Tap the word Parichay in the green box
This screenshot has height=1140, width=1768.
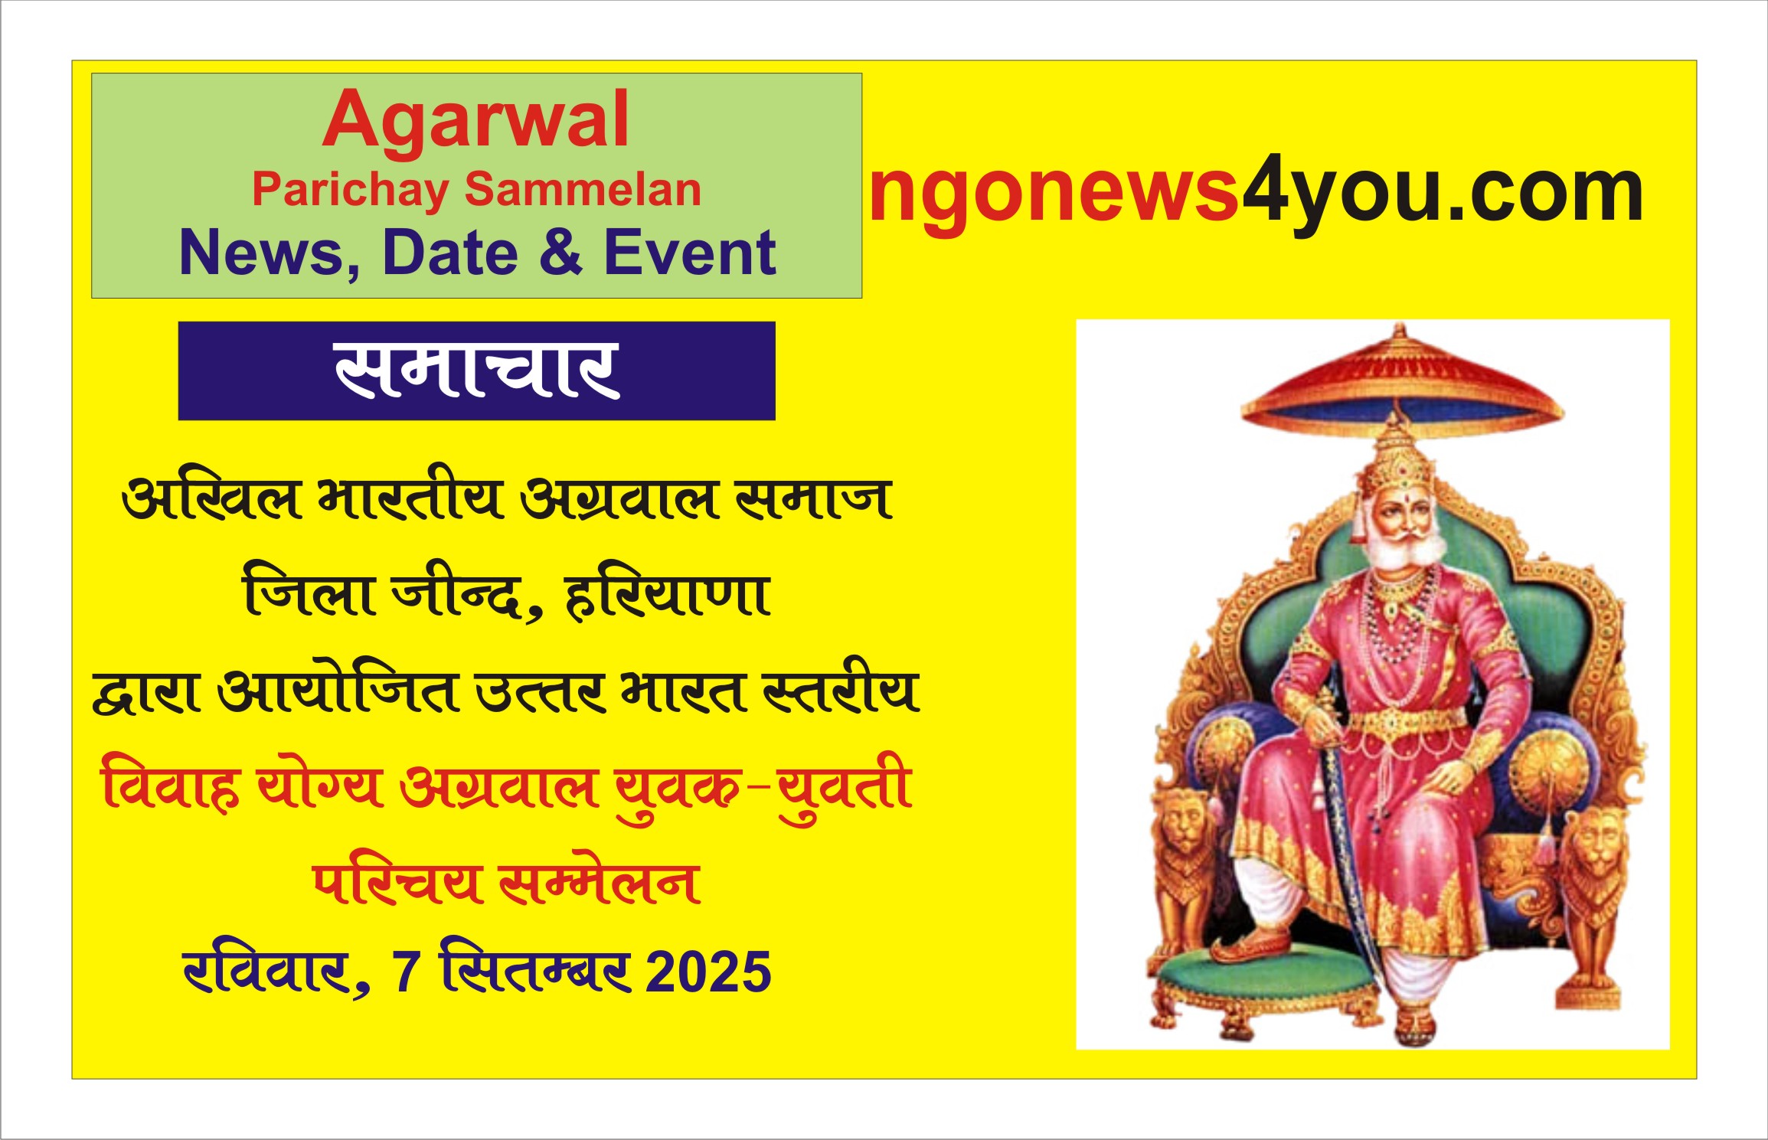351,190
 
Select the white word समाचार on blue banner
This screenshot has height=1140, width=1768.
476,371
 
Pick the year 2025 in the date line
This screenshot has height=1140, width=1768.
708,972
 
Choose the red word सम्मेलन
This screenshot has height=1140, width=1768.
599,883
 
